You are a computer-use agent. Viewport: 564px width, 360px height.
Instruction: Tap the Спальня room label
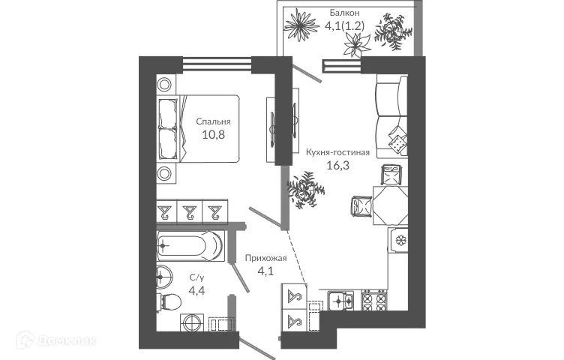213,121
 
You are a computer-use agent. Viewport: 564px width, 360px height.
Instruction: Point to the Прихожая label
265,259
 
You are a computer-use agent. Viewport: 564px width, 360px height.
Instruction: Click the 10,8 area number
213,135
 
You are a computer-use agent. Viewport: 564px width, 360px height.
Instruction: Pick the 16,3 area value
337,166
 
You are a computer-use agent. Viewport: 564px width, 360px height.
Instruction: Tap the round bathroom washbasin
163,277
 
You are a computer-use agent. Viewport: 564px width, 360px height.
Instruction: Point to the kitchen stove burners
372,301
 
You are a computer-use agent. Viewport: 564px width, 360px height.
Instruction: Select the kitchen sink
343,301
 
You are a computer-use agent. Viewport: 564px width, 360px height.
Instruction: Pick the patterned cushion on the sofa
396,140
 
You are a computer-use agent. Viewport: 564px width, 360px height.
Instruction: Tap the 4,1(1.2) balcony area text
345,25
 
